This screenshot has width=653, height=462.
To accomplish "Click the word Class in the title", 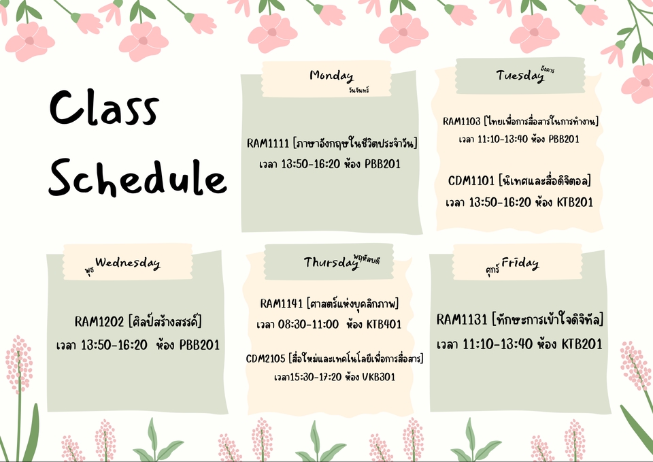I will (x=104, y=110).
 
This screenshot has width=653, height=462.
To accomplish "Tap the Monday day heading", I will (x=331, y=75).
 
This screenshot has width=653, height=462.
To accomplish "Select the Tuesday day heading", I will (x=520, y=76).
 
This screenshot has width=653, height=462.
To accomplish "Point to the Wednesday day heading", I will (x=128, y=262).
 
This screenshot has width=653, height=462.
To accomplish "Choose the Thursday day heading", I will (x=331, y=262).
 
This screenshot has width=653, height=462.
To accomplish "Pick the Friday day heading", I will (x=520, y=263).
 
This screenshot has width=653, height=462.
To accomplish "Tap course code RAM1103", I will (x=462, y=122).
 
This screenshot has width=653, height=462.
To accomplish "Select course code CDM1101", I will (x=471, y=181).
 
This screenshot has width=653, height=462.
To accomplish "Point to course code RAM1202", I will (x=99, y=321).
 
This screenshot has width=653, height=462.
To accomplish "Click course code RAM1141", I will (x=282, y=303).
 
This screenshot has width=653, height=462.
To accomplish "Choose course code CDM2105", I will (x=266, y=358).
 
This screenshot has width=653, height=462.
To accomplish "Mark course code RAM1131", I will (x=462, y=320).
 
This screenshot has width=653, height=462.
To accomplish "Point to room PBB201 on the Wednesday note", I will (x=199, y=345).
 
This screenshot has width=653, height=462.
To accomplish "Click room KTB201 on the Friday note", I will (x=582, y=344).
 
